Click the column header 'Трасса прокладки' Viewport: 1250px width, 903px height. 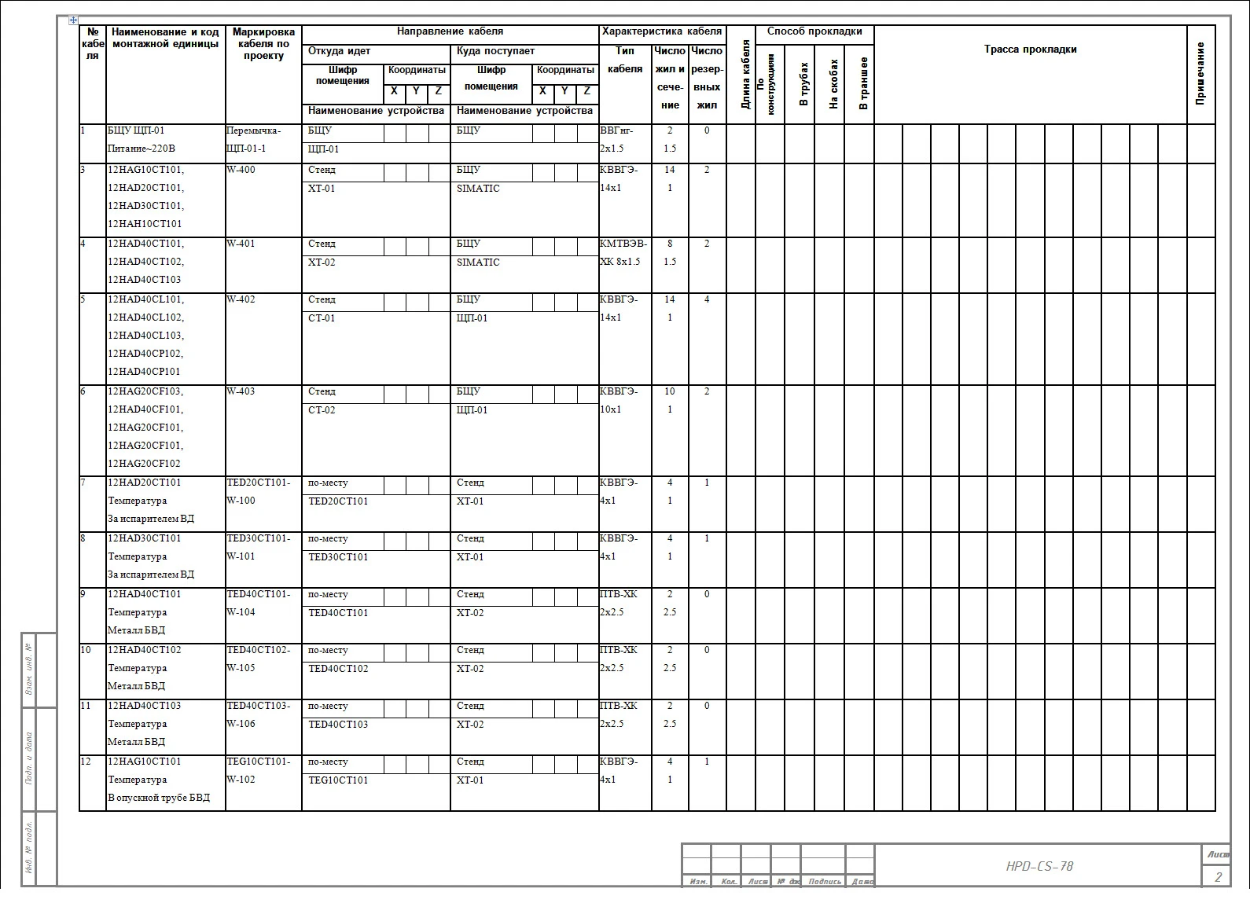[x=1030, y=50]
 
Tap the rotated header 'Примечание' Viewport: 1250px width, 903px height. [x=1200, y=74]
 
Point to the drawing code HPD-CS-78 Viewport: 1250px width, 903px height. [x=1039, y=866]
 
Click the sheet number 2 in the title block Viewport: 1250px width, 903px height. [x=1218, y=877]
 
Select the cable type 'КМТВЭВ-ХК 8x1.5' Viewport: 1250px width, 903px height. [x=623, y=253]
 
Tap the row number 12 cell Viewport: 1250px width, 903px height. [x=86, y=762]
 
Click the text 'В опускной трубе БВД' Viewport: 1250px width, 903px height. [x=159, y=798]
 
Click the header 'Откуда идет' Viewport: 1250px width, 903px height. [x=339, y=51]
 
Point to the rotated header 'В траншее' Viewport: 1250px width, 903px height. [x=863, y=83]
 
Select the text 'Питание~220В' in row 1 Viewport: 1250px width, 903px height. [x=142, y=149]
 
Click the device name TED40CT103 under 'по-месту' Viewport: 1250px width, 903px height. [x=338, y=724]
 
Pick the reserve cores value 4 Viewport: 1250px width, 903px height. [x=707, y=299]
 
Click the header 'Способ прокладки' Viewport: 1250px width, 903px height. [x=814, y=32]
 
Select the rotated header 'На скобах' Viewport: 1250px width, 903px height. [x=833, y=83]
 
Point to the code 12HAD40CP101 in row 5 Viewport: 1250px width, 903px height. [x=144, y=372]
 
